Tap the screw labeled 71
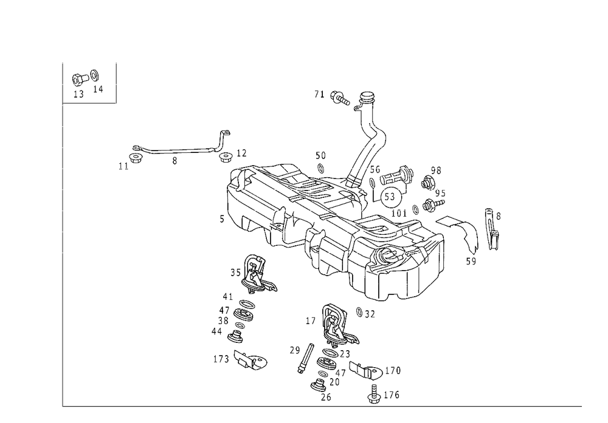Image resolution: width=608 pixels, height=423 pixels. coord(340,97)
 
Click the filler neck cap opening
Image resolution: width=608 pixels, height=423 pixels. coord(367,96)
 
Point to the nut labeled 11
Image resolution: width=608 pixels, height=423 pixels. coord(135,158)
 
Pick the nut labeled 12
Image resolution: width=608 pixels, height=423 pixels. coord(226,157)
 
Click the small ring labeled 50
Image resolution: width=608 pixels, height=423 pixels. coord(320,168)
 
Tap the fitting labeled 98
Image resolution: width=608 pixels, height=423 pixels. coord(427,182)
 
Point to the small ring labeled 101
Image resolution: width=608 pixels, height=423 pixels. coord(415,209)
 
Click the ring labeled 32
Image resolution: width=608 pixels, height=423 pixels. coord(359,312)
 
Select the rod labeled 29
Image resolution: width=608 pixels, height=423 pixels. coord(306,358)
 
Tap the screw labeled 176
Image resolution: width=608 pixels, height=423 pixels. coord(374,394)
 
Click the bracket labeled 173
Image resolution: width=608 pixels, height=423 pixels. coord(250,360)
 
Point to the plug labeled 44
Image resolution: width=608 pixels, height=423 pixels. coord(236,336)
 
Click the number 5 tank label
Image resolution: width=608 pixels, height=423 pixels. coord(222,219)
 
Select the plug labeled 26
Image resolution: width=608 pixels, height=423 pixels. coord(319,385)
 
